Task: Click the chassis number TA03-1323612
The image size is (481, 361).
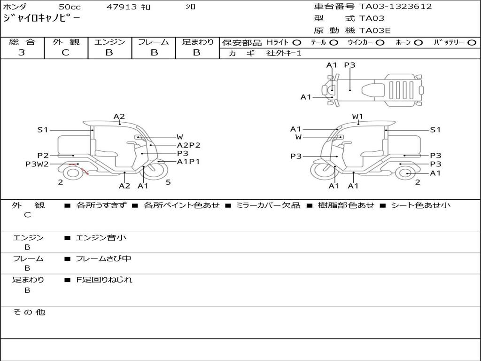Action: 396,7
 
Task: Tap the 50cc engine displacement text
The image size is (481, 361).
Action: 69,7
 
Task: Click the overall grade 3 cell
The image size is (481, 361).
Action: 22,53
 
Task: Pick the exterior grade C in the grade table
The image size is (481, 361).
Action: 65,53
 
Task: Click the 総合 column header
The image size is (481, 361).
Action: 22,42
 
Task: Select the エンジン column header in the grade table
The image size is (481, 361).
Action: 109,42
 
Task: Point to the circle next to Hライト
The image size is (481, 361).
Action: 297,42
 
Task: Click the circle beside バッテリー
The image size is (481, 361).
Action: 472,42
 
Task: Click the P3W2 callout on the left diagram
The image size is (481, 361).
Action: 37,164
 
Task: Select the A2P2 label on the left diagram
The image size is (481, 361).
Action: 188,145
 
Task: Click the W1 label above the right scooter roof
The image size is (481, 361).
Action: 358,116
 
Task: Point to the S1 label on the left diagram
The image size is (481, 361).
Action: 43,130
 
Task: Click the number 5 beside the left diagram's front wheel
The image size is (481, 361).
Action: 168,182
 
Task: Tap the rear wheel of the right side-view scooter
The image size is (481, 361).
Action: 405,173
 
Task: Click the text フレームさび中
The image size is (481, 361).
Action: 103,259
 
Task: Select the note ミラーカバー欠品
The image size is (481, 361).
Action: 268,205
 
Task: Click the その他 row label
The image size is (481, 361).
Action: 29,312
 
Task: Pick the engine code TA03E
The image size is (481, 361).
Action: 375,31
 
